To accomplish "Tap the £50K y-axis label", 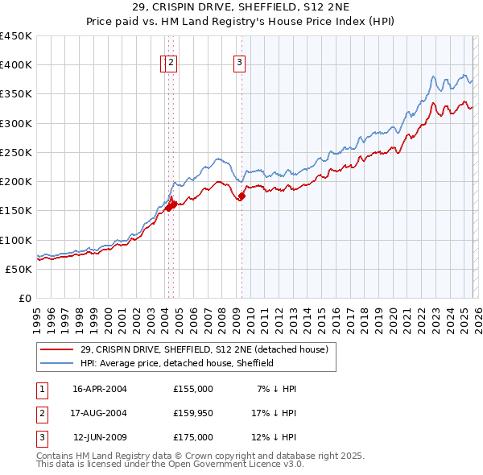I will [19, 269].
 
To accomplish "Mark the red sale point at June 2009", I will [242, 195].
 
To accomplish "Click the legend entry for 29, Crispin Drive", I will [204, 350].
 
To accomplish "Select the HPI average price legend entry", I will [177, 363].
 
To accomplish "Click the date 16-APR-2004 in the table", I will [100, 389].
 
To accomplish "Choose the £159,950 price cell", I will [193, 413].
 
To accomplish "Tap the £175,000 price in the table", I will [193, 437].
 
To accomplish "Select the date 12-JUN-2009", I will [100, 437].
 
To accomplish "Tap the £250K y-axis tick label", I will [15, 152].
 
